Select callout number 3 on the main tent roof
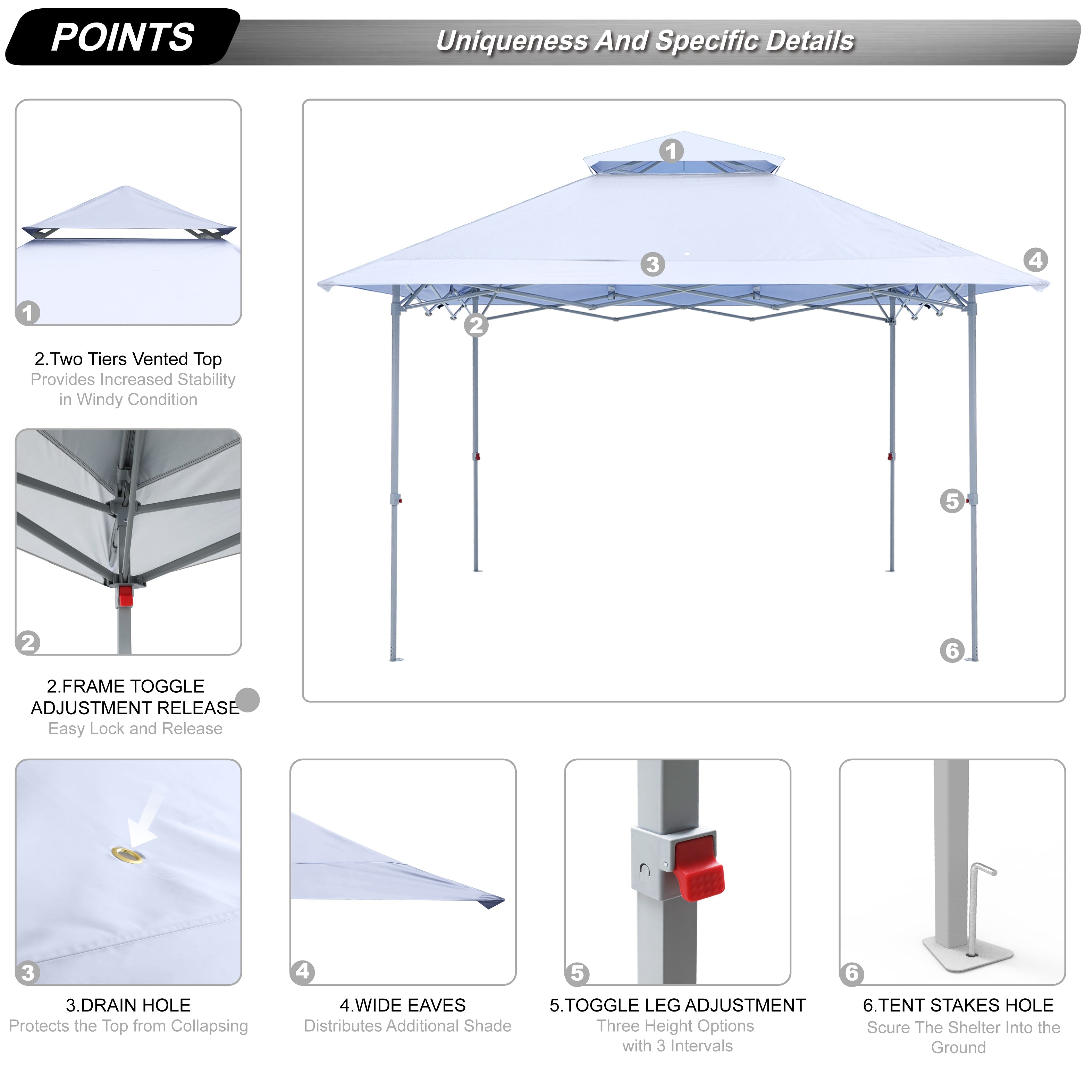pos(653,264)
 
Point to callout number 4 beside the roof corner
pos(1036,260)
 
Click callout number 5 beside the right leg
pos(952,501)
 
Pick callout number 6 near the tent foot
pos(952,651)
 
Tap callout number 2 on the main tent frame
pos(476,325)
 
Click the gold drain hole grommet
pos(127,855)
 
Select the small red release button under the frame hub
pos(126,596)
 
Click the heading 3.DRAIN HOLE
pos(128,1005)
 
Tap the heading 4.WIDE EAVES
pos(403,1005)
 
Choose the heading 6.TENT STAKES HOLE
pos(958,1005)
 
